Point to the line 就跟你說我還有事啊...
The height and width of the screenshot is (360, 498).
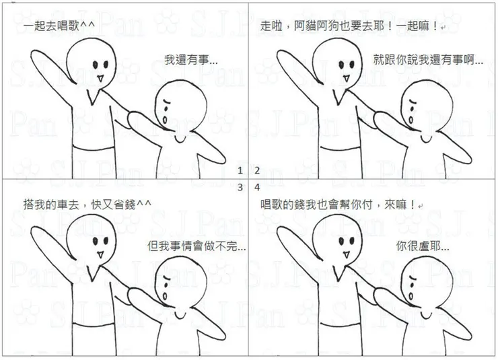[428, 60]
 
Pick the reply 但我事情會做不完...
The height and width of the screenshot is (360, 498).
[197, 246]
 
